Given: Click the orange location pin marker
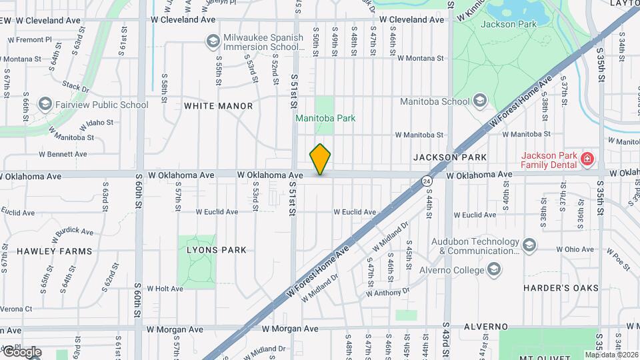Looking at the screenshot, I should (x=321, y=159).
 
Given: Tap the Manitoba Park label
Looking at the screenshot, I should (x=326, y=118).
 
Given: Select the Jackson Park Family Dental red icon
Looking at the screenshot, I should (x=587, y=159).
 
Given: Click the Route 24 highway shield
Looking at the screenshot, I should (x=426, y=180).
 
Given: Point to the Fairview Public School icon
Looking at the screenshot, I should (x=45, y=105).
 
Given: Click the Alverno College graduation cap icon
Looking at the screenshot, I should (x=494, y=270).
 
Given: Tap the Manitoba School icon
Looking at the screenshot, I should (x=479, y=101).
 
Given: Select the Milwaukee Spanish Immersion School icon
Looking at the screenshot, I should (x=212, y=43).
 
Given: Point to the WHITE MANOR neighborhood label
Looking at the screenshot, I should (x=218, y=106).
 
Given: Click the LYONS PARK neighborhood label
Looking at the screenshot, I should (x=215, y=250).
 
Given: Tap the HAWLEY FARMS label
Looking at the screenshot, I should (x=45, y=251).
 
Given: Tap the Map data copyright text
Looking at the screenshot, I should (x=611, y=355).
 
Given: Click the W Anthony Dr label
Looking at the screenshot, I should (x=387, y=292).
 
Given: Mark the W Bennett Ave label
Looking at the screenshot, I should (x=63, y=154).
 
